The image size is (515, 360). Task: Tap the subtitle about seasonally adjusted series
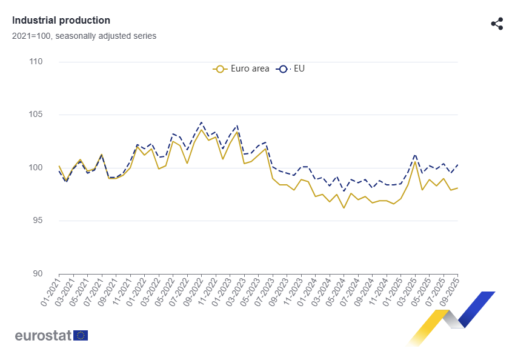84,36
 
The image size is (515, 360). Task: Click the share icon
497,24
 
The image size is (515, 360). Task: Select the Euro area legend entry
242,68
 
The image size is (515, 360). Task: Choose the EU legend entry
291,68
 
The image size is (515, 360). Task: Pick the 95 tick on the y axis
36,221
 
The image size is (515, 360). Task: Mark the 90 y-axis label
36,273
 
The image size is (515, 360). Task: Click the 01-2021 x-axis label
51,293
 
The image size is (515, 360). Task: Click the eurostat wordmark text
43,335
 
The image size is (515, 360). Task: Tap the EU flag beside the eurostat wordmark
81,335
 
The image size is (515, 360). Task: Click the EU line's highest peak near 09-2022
201,122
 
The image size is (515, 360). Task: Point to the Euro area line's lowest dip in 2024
344,208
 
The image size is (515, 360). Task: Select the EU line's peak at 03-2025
415,155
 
